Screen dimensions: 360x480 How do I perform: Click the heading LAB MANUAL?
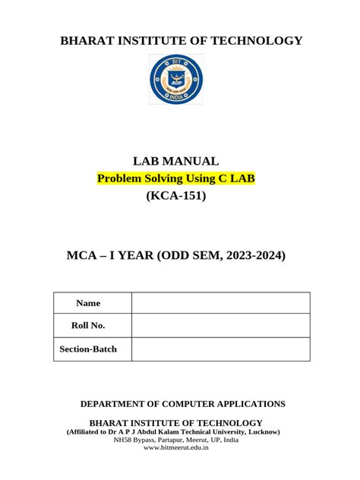[x=175, y=161]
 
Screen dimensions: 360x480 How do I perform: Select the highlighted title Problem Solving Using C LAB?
[x=175, y=178]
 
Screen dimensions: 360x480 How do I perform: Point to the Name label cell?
[x=88, y=303]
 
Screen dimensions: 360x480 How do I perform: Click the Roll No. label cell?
[x=88, y=325]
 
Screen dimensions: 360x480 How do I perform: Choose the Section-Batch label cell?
[x=88, y=349]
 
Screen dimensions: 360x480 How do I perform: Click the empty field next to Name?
[x=220, y=303]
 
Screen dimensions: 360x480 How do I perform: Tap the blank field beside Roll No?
[x=220, y=325]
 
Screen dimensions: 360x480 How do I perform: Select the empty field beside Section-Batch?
[x=220, y=349]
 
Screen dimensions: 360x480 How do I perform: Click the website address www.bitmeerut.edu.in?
[x=176, y=447]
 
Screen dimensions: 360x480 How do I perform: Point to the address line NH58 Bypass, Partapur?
[x=176, y=440]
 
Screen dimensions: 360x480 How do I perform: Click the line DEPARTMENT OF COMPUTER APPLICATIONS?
[x=183, y=403]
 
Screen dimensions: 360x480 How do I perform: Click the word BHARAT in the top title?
[x=82, y=40]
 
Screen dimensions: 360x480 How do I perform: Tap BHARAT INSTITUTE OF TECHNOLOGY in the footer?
[x=176, y=422]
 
